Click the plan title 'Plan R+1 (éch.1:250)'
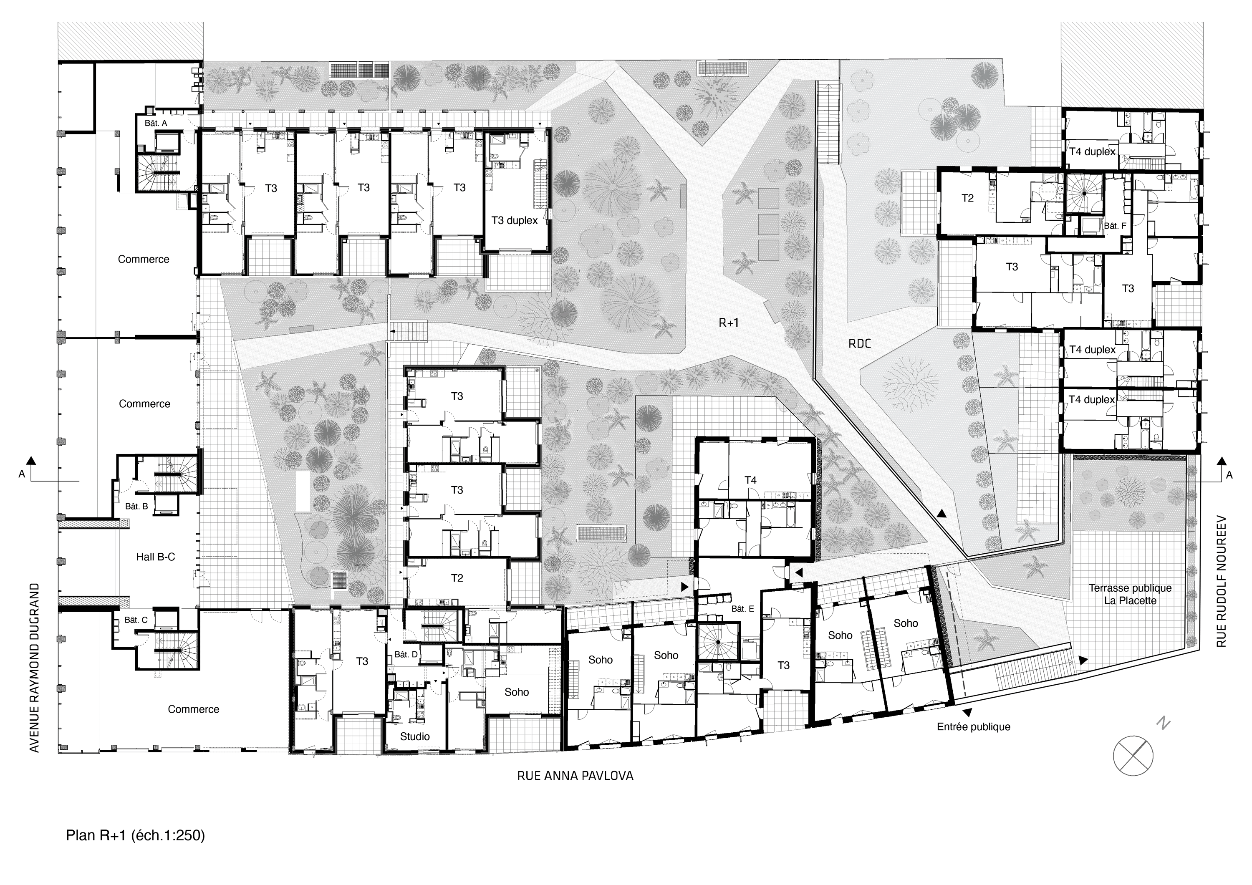click(135, 835)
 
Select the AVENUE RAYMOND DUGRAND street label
click(34, 668)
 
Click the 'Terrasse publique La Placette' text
click(1130, 594)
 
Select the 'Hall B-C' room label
click(155, 557)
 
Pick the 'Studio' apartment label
click(414, 736)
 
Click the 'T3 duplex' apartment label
click(514, 220)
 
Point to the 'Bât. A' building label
click(156, 123)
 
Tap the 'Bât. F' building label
click(1115, 226)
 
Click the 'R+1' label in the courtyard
click(729, 323)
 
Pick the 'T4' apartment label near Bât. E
click(750, 480)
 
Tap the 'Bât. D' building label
click(406, 654)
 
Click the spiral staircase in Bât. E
click(718, 642)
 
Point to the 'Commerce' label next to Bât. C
click(193, 709)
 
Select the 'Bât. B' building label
click(136, 506)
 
